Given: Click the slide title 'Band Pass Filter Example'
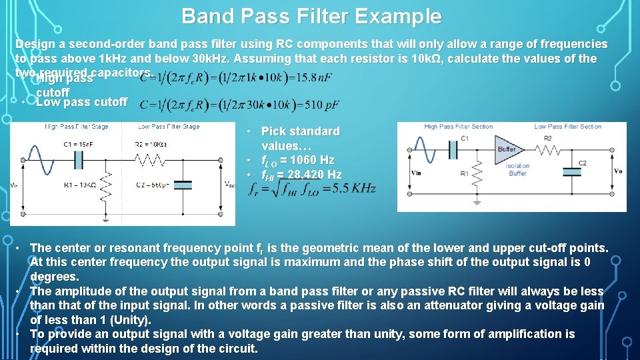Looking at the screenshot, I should pyautogui.click(x=311, y=16).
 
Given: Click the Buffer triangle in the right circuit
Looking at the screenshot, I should pyautogui.click(x=507, y=149).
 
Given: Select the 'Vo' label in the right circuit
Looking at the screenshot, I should pyautogui.click(x=617, y=171).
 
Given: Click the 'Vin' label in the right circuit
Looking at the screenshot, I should pyautogui.click(x=416, y=172).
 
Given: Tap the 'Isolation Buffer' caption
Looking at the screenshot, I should pyautogui.click(x=517, y=169).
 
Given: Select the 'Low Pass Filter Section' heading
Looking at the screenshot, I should pyautogui.click(x=567, y=127).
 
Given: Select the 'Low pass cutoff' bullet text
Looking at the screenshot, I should pyautogui.click(x=81, y=102).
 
